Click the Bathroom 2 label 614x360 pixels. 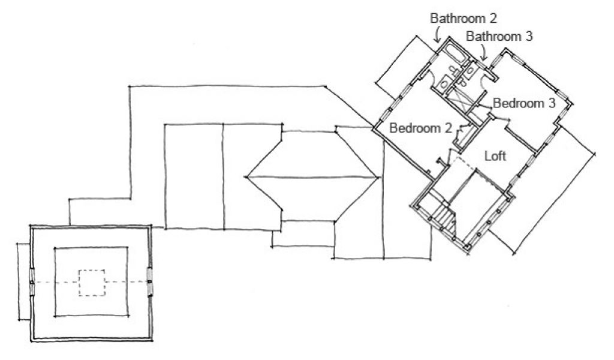pyautogui.click(x=463, y=18)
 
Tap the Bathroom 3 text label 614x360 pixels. pyautogui.click(x=499, y=36)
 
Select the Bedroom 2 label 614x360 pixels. pyautogui.click(x=420, y=127)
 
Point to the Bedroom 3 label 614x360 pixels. pyautogui.click(x=524, y=103)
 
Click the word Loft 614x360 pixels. pyautogui.click(x=495, y=157)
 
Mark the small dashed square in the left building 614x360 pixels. pyautogui.click(x=92, y=283)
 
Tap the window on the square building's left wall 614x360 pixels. pyautogui.click(x=32, y=282)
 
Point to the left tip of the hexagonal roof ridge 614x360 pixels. pyautogui.click(x=246, y=177)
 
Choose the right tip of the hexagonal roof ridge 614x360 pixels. pyautogui.click(x=378, y=177)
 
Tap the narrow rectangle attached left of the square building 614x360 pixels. pyautogui.click(x=22, y=282)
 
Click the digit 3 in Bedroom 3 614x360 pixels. pyautogui.click(x=551, y=103)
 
